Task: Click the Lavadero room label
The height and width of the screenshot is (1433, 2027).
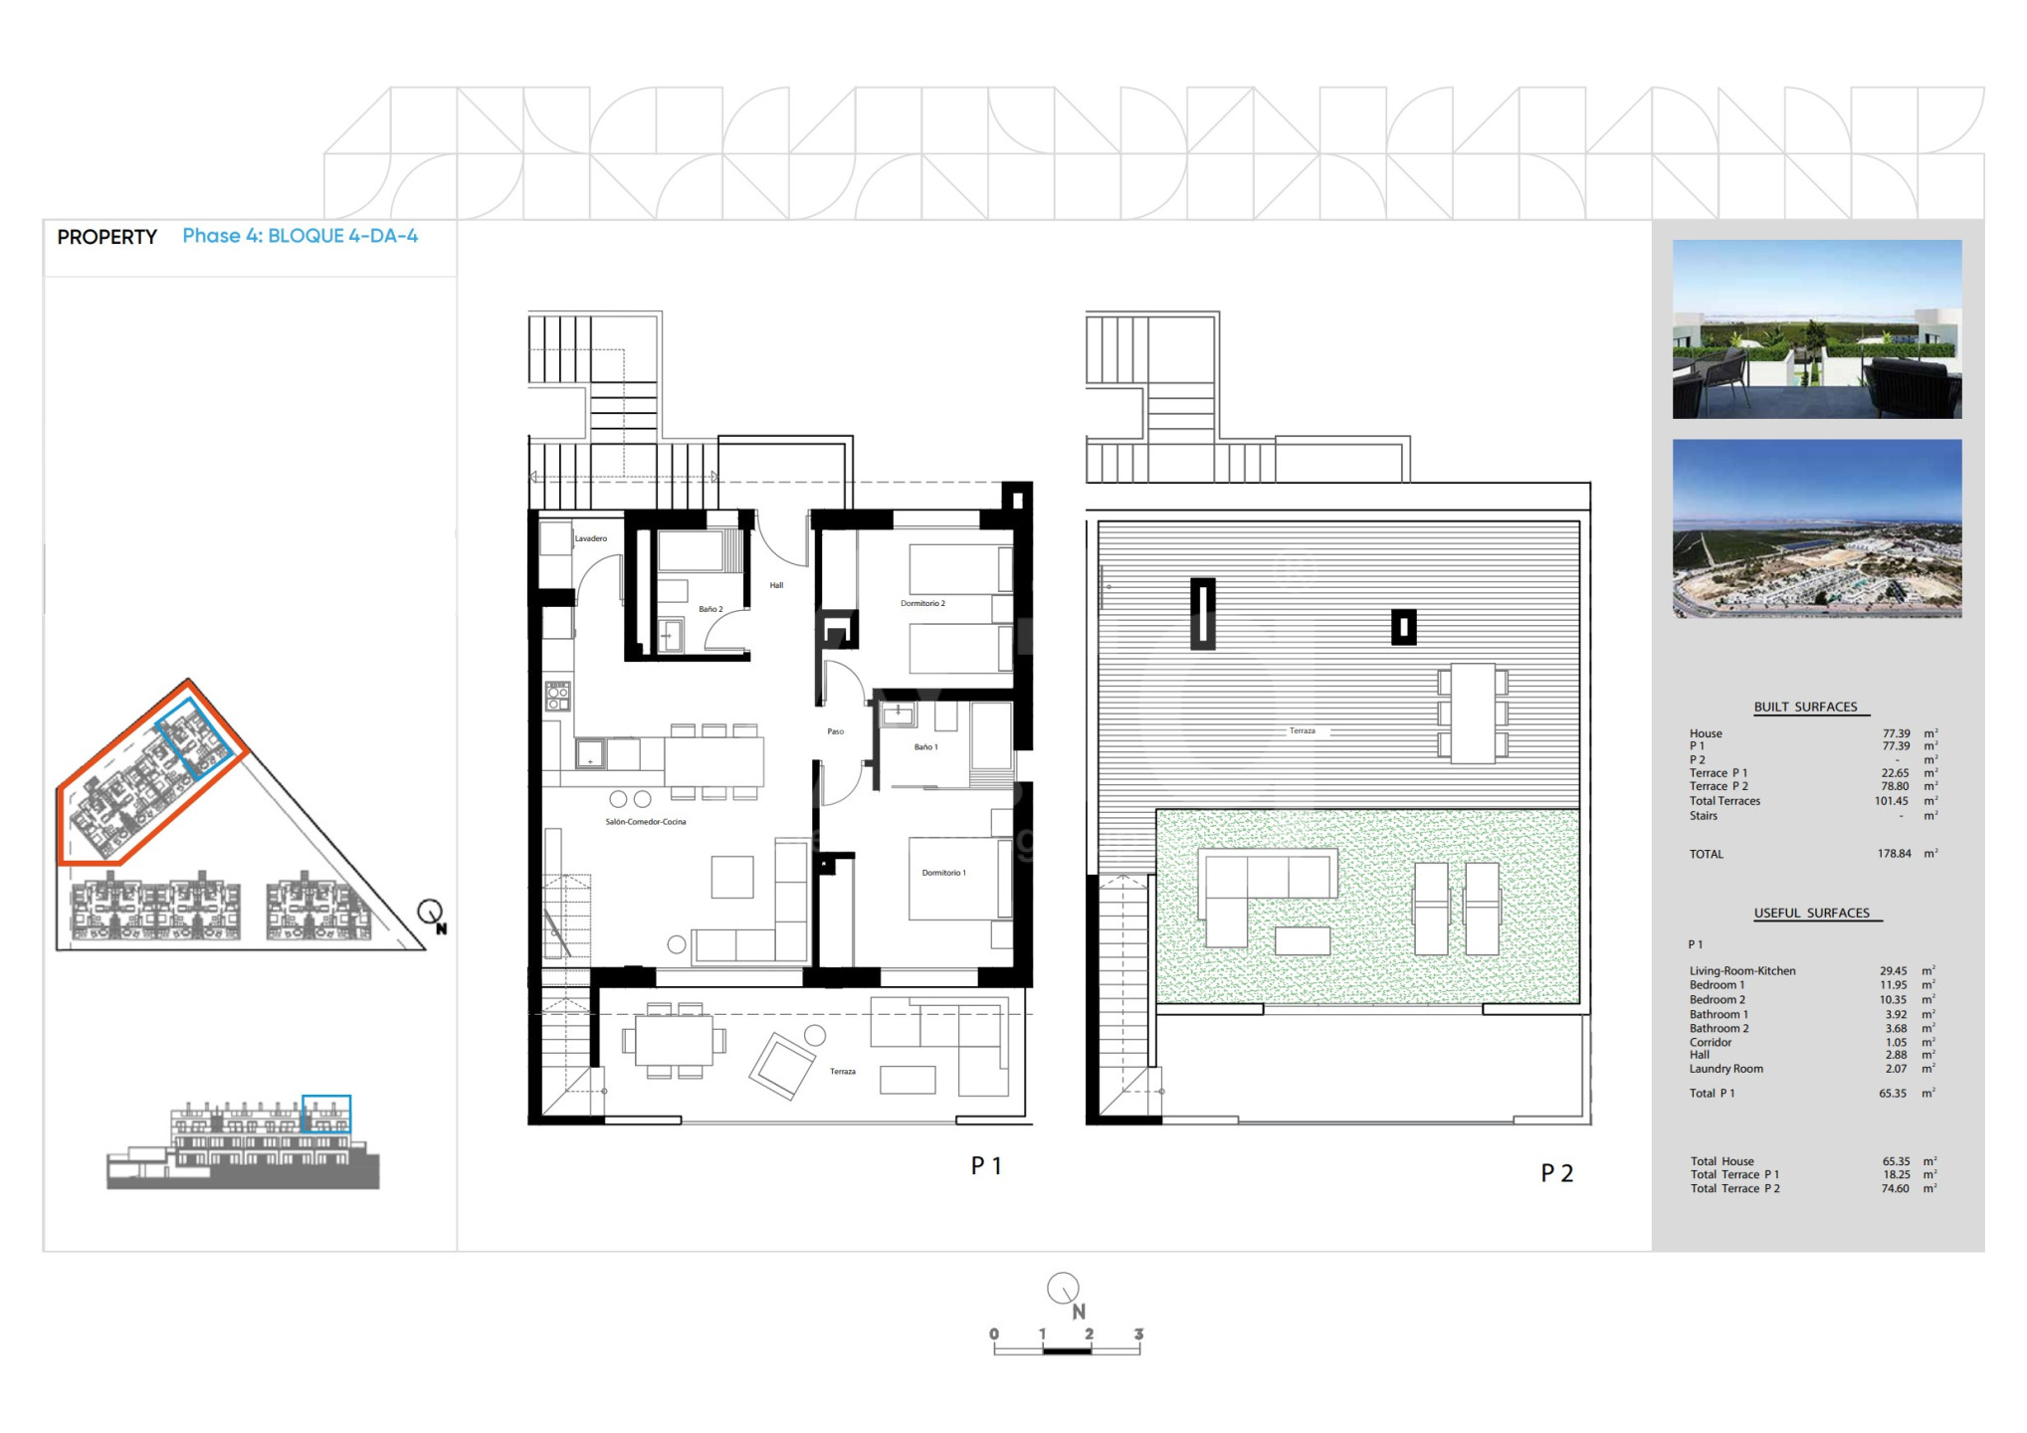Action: (590, 538)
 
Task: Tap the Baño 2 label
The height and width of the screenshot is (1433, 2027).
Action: (710, 609)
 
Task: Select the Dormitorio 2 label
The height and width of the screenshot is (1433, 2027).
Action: (922, 603)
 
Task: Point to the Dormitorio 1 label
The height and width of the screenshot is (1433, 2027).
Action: (943, 873)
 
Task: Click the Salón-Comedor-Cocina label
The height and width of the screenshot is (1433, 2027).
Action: (646, 822)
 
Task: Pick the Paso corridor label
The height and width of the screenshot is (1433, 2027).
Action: (836, 731)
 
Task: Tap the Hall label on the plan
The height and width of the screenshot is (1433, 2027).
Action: (776, 585)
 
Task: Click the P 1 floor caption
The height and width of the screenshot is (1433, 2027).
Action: (986, 1165)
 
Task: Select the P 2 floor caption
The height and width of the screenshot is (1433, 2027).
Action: (1557, 1173)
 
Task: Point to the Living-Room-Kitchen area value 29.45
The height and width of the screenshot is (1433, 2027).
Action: (1893, 971)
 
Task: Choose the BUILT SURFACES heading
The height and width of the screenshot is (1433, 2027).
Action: (1805, 707)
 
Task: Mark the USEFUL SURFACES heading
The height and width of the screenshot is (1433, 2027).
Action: (1811, 913)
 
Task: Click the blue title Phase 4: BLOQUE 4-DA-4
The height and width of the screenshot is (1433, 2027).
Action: (300, 236)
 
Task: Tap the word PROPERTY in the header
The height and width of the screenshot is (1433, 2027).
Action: (107, 237)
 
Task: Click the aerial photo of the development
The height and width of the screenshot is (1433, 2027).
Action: (1817, 528)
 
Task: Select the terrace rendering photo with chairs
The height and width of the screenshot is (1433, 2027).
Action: (1817, 328)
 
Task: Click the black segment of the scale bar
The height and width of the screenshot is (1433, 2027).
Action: (1067, 1350)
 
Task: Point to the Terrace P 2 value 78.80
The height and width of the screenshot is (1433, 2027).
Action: (1895, 786)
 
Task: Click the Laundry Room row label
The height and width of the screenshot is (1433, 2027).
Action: (1725, 1069)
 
